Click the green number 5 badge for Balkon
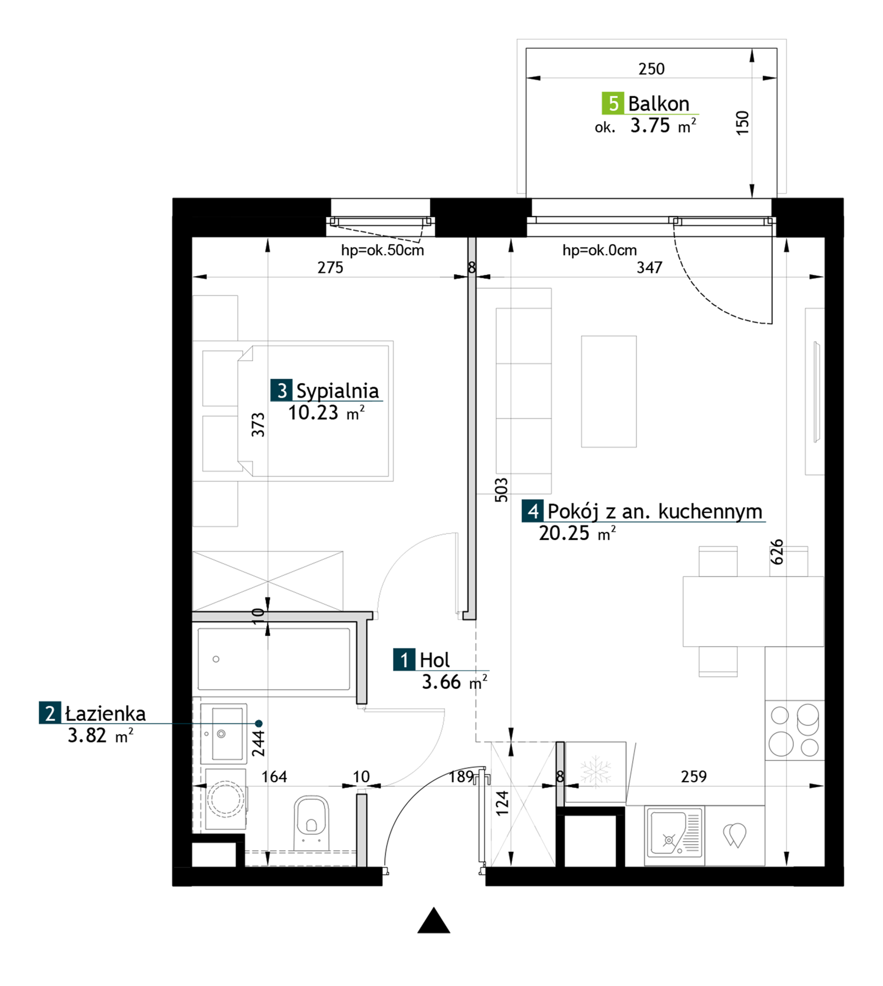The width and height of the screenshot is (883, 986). pyautogui.click(x=613, y=103)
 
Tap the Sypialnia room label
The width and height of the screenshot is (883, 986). pyautogui.click(x=337, y=391)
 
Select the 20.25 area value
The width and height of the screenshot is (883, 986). pyautogui.click(x=564, y=533)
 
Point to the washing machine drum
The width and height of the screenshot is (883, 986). pyautogui.click(x=225, y=799)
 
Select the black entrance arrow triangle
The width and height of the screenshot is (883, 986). pyautogui.click(x=434, y=920)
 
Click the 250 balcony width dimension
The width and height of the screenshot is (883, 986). pyautogui.click(x=651, y=69)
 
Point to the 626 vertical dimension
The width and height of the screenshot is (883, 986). pyautogui.click(x=777, y=552)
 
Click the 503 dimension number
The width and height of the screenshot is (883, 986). pyautogui.click(x=501, y=490)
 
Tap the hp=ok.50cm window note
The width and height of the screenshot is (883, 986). pyautogui.click(x=382, y=250)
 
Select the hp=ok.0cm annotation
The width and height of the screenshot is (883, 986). pyautogui.click(x=599, y=250)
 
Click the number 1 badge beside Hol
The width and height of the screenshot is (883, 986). pyautogui.click(x=404, y=660)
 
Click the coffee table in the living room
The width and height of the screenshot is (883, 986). pyautogui.click(x=609, y=391)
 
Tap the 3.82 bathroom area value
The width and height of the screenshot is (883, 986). pyautogui.click(x=87, y=736)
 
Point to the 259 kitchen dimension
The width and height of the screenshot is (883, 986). pyautogui.click(x=693, y=776)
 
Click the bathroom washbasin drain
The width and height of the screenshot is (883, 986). pyautogui.click(x=221, y=734)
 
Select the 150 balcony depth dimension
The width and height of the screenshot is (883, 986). pyautogui.click(x=742, y=123)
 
